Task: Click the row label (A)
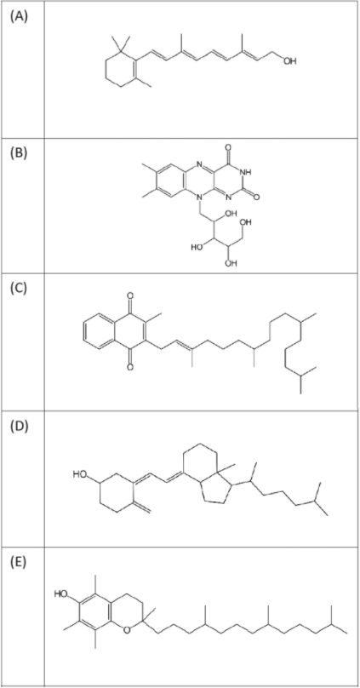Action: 19,18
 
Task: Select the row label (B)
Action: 19,154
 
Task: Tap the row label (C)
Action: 19,290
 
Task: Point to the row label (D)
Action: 19,427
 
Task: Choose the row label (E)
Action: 18,563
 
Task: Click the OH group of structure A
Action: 289,61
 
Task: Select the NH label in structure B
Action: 247,173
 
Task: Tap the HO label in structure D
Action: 79,474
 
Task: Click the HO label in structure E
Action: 61,594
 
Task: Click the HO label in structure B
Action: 197,247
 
